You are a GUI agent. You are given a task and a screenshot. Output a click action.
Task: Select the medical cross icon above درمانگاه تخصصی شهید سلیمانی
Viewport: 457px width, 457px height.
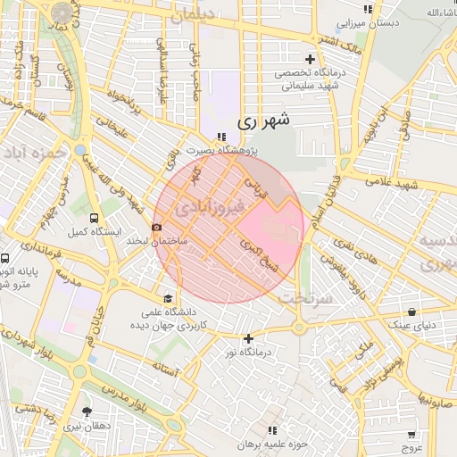310,59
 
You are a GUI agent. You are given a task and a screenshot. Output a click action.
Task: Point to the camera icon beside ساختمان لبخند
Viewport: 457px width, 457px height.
157,228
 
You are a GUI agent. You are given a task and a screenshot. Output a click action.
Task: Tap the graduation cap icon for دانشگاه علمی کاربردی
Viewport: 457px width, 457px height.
168,298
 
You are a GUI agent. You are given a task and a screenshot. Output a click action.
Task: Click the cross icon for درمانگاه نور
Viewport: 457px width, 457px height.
248,338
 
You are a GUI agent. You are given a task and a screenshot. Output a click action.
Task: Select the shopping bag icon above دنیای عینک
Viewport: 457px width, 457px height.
411,312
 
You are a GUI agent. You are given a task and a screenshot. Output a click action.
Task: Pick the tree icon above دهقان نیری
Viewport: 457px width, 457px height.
87,411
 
